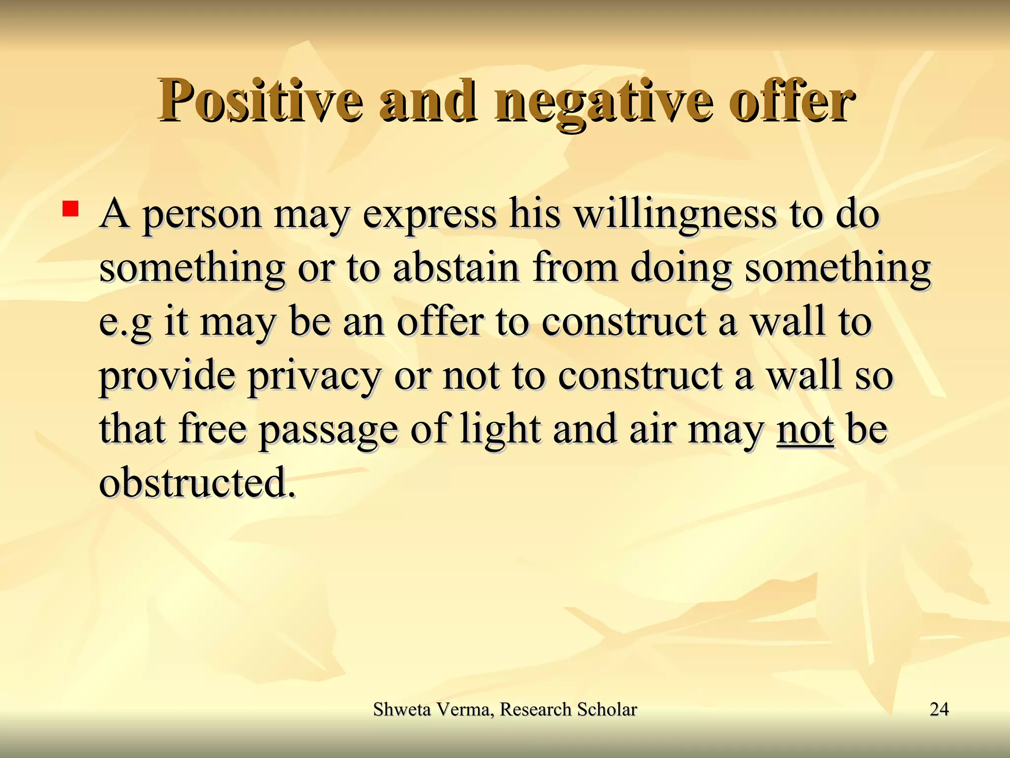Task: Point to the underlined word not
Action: (x=805, y=429)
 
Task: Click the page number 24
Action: (x=939, y=709)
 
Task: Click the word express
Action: (x=430, y=216)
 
